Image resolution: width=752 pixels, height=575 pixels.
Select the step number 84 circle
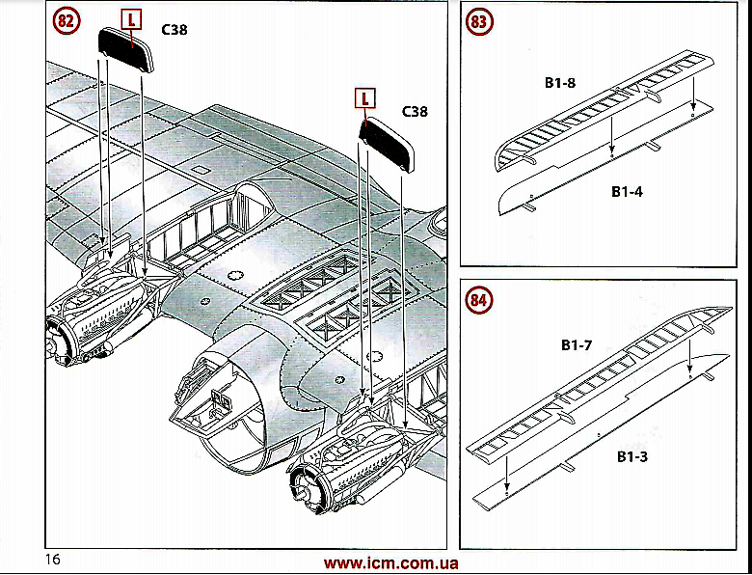(x=479, y=301)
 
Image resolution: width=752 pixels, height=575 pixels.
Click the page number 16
(x=52, y=561)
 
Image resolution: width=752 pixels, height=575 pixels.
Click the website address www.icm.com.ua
(x=390, y=563)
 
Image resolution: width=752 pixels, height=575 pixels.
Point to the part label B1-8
(x=559, y=83)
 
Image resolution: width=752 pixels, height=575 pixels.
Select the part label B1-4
(x=627, y=191)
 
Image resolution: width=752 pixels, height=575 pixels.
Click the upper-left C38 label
(x=175, y=30)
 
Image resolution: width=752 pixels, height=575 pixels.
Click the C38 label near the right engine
(x=414, y=112)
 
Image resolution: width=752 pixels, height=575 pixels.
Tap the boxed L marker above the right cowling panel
(x=365, y=96)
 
